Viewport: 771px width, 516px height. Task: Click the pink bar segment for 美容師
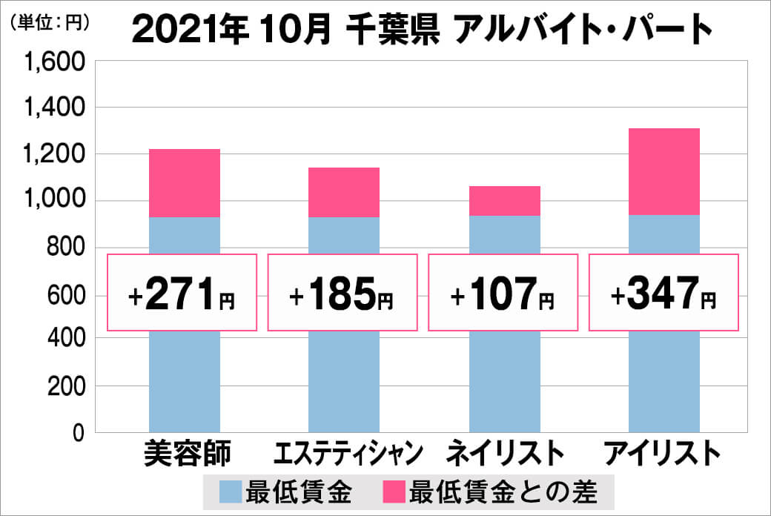point(185,183)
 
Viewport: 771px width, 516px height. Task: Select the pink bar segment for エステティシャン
point(344,193)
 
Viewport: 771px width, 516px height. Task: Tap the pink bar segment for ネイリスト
point(504,201)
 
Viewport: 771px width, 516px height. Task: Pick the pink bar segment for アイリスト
point(664,172)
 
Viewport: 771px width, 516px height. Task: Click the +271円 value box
point(182,293)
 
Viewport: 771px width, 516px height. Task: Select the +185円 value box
point(343,293)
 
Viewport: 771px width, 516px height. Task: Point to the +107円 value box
point(503,293)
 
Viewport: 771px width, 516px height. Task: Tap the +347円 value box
point(664,293)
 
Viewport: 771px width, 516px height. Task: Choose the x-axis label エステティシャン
point(348,453)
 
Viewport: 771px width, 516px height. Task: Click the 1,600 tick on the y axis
point(57,62)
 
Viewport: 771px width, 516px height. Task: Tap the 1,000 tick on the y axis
point(57,201)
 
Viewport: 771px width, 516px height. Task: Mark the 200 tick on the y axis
point(66,386)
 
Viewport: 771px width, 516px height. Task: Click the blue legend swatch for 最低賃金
point(232,491)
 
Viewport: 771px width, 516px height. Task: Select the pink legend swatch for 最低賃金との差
point(394,491)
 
